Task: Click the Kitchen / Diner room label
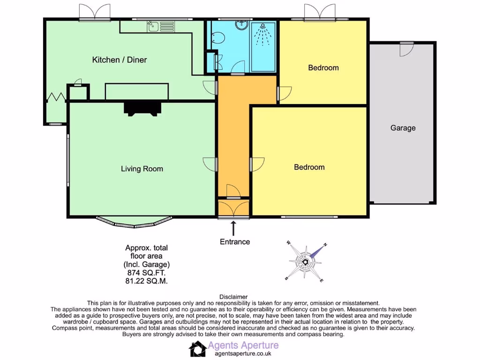coord(119,60)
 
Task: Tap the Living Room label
coord(142,169)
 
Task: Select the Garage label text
coord(403,127)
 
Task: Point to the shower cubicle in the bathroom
coord(264,47)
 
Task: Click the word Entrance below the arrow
coord(235,242)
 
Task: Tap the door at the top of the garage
coord(406,49)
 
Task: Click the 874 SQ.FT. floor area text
coord(146,272)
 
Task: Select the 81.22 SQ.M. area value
coord(146,281)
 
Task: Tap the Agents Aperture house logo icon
coord(197,349)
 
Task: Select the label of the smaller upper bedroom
coord(323,67)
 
